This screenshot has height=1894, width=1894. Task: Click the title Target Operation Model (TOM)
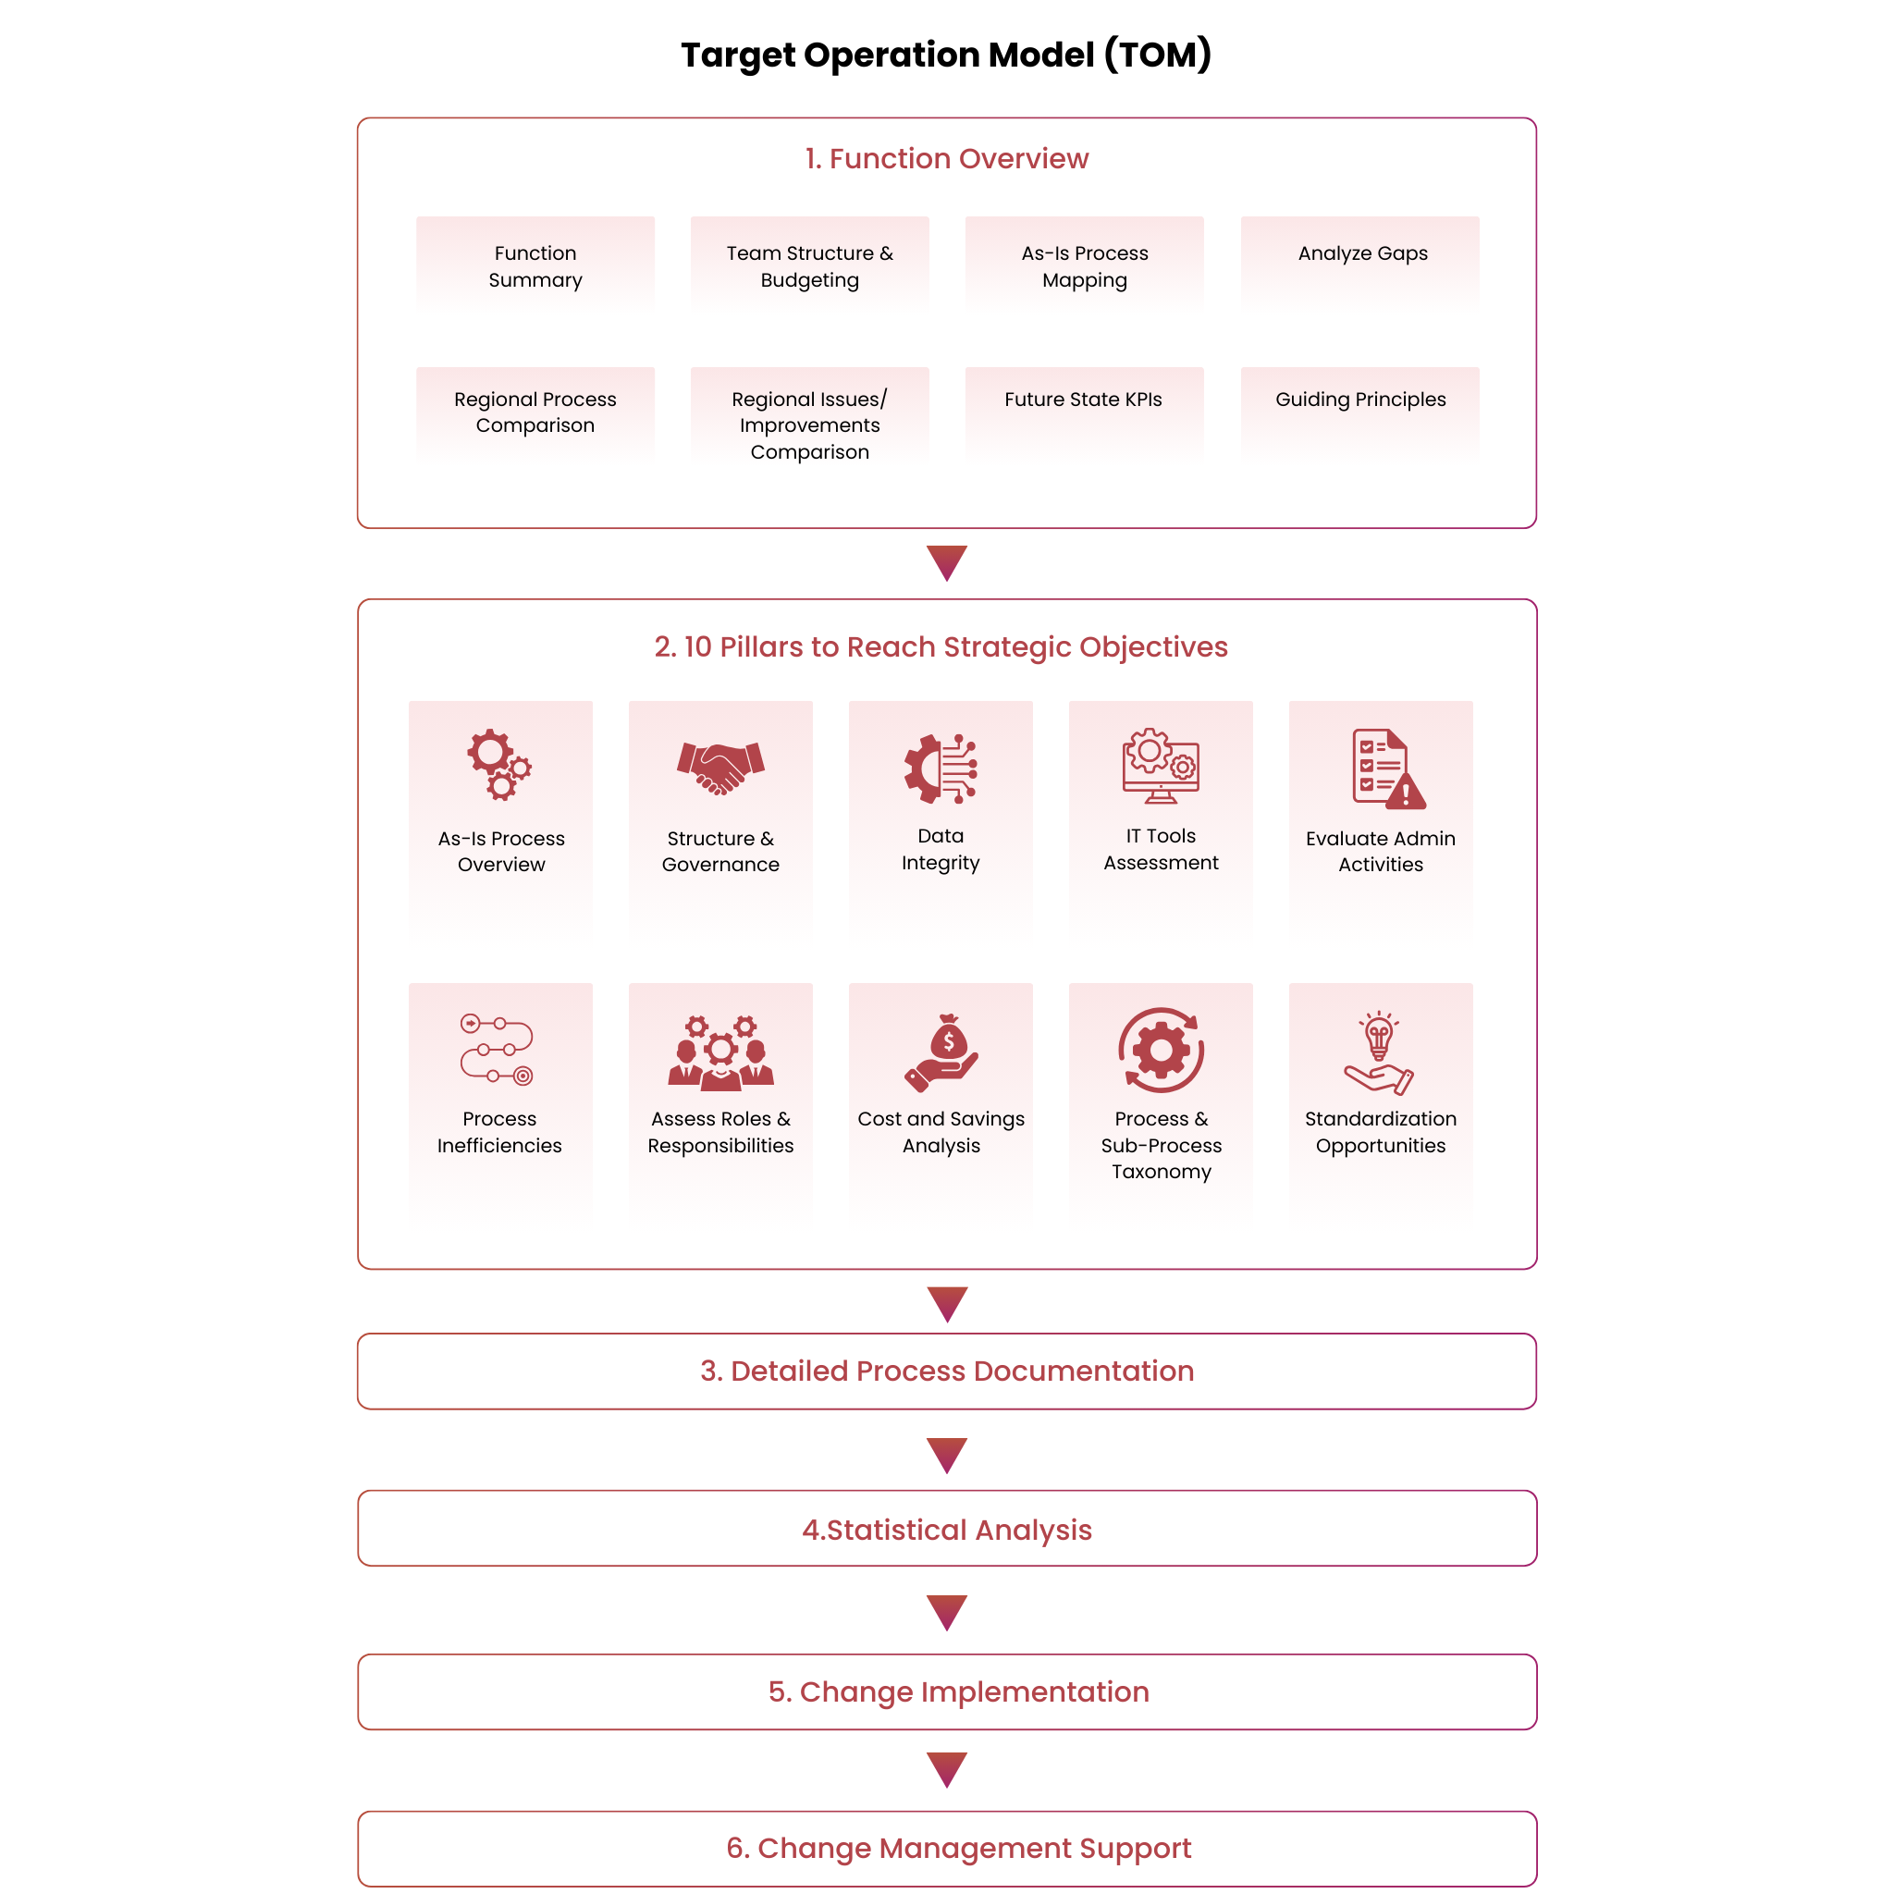pyautogui.click(x=946, y=55)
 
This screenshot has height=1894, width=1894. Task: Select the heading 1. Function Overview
pyautogui.click(x=946, y=159)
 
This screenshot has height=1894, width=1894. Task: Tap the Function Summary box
pyautogui.click(x=535, y=265)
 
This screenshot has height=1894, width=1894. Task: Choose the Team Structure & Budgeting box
pyautogui.click(x=810, y=265)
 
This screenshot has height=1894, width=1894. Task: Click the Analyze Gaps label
pyautogui.click(x=1362, y=252)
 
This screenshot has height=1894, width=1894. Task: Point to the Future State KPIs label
pyautogui.click(x=1083, y=399)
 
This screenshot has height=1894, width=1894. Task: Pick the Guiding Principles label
pyautogui.click(x=1360, y=399)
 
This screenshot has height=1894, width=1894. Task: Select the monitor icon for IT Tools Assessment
pyautogui.click(x=1161, y=766)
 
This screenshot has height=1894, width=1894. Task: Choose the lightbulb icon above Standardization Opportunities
pyautogui.click(x=1379, y=1052)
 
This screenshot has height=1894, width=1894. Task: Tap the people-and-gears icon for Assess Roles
pyautogui.click(x=720, y=1052)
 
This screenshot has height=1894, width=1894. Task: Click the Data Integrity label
pyautogui.click(x=941, y=849)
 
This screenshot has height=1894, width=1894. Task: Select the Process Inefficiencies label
pyautogui.click(x=499, y=1131)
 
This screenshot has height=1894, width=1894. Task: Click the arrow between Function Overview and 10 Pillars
pyautogui.click(x=946, y=562)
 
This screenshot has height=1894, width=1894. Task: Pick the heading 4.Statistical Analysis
pyautogui.click(x=946, y=1530)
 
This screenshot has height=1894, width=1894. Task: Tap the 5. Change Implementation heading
pyautogui.click(x=958, y=1691)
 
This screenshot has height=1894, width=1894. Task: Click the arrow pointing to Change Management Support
pyautogui.click(x=946, y=1769)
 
